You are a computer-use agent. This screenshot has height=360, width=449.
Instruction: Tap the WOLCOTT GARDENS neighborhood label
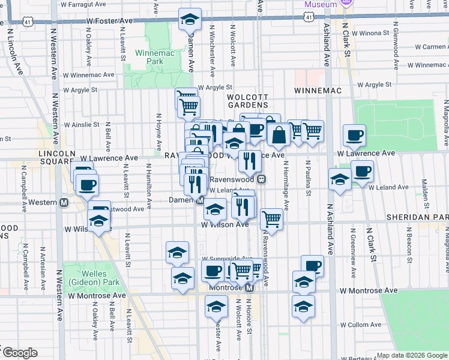point(247,100)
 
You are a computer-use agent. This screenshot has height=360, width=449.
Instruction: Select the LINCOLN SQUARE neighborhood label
point(56,158)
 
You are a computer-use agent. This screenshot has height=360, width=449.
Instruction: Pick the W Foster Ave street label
point(109,20)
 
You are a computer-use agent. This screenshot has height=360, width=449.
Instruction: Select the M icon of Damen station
point(200,200)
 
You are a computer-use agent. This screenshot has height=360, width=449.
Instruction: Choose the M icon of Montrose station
point(249,287)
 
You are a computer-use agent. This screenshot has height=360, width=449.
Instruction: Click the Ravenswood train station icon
point(261,179)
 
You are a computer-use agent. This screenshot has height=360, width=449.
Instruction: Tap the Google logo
point(19,353)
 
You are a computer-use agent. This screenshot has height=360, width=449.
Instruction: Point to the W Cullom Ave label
point(364,324)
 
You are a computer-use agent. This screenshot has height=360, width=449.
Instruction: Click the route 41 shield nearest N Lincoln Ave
point(28,21)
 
